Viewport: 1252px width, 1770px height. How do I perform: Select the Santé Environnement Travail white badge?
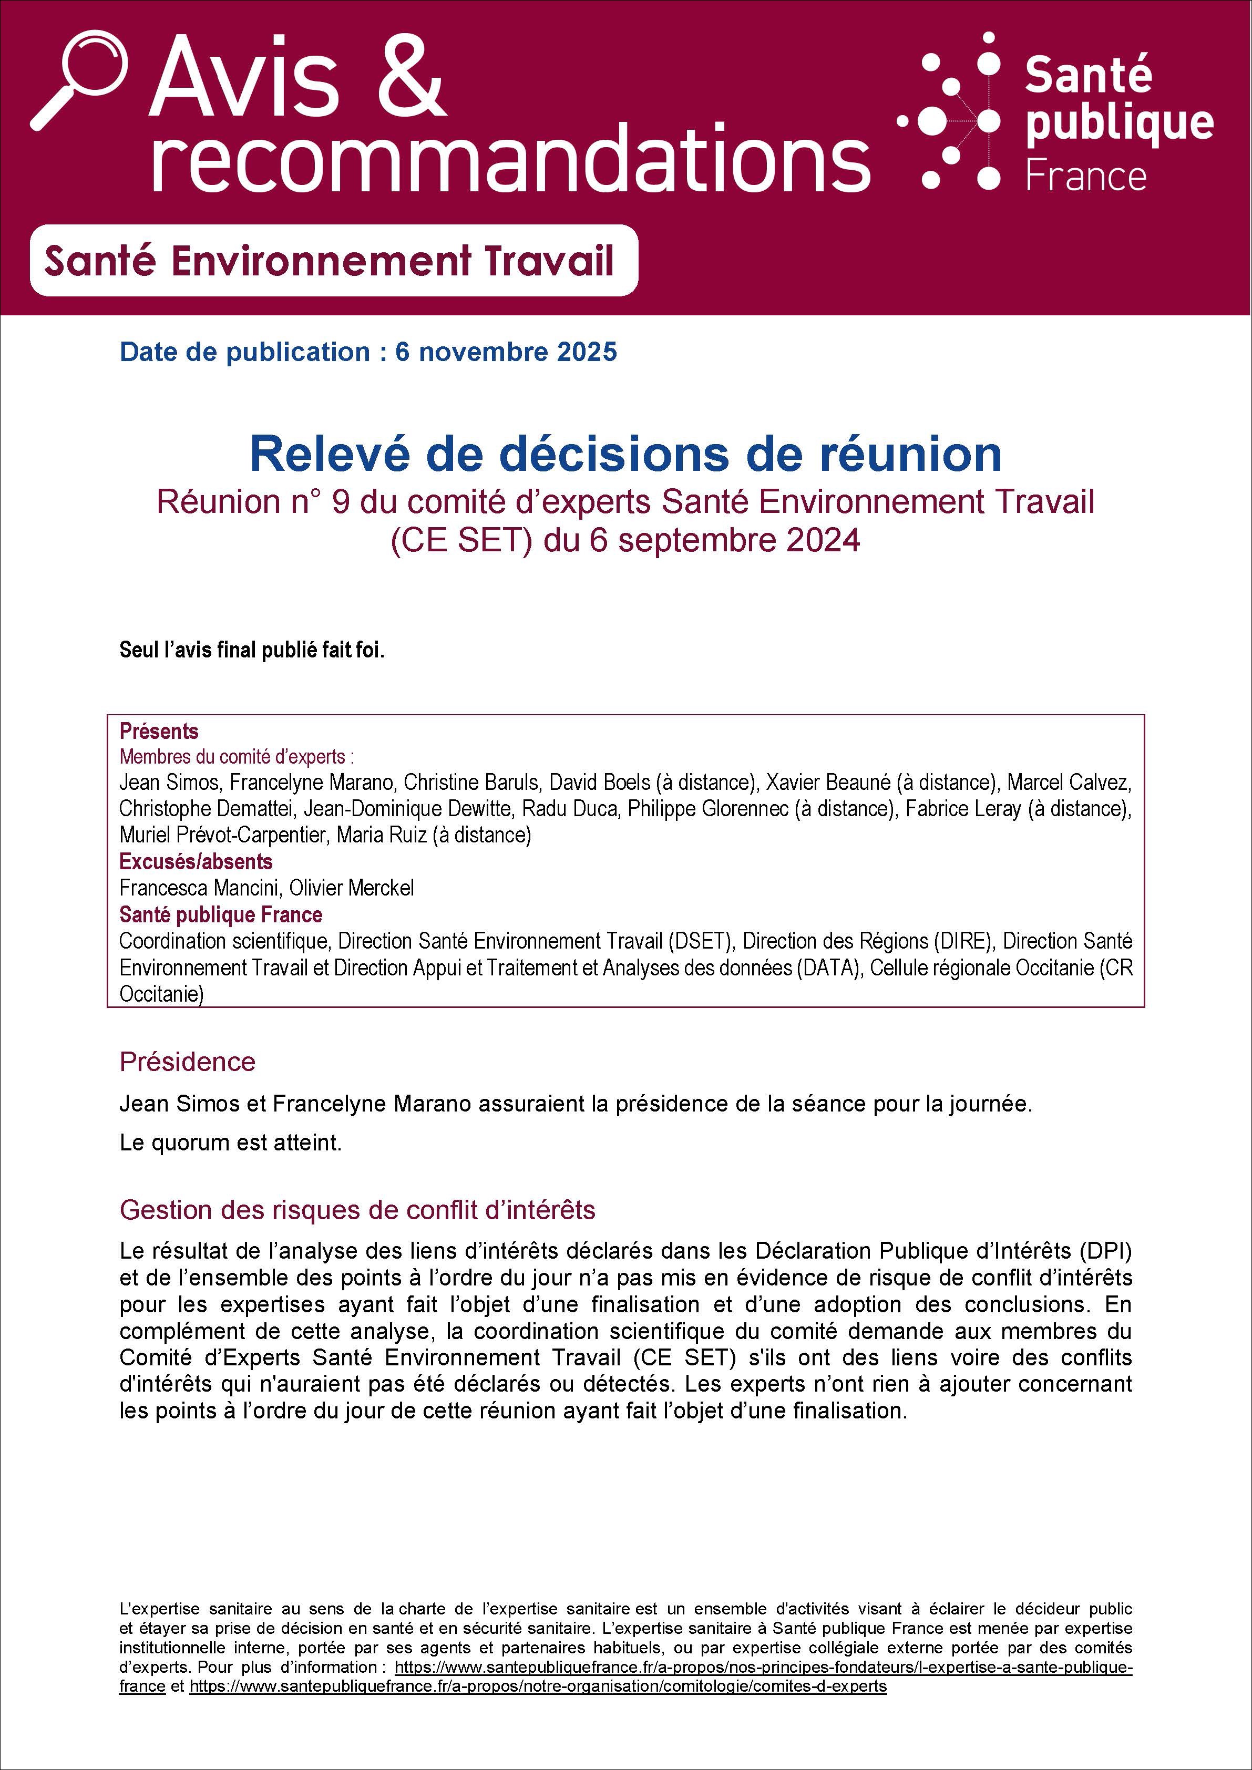coord(333,261)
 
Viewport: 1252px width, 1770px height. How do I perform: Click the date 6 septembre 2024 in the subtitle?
coord(725,540)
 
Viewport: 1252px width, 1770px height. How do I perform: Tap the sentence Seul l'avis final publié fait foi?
coord(251,650)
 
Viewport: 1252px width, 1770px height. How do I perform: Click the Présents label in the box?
coord(159,731)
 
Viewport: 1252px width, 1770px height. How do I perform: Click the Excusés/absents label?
coord(196,861)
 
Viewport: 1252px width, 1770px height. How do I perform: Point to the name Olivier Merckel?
coord(352,888)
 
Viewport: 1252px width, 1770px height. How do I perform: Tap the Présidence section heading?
coord(187,1062)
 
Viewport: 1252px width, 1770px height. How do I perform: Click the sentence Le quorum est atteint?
coord(231,1143)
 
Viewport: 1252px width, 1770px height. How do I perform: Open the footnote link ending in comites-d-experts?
coord(538,1686)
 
